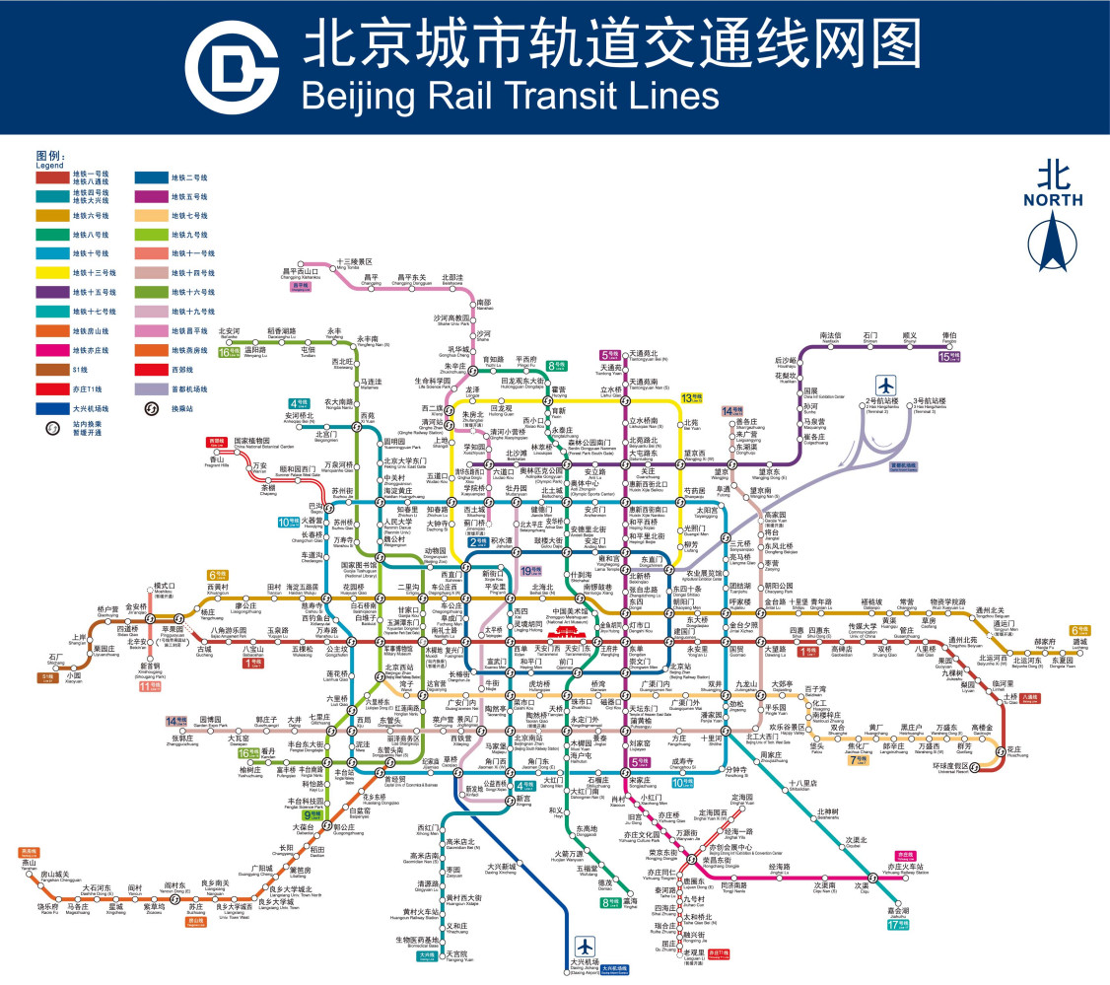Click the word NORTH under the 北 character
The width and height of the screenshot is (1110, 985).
pyautogui.click(x=1053, y=200)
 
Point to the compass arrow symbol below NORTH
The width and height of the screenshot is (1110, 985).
pyautogui.click(x=1053, y=242)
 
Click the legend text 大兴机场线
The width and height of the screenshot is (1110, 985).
pyautogui.click(x=91, y=407)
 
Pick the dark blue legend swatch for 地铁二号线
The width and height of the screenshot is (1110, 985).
pyautogui.click(x=152, y=177)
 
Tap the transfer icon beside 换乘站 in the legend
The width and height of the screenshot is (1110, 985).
pyautogui.click(x=153, y=407)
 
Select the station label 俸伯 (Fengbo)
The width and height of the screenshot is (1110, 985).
pyautogui.click(x=949, y=337)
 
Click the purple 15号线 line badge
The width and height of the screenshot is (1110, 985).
pyautogui.click(x=949, y=356)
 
